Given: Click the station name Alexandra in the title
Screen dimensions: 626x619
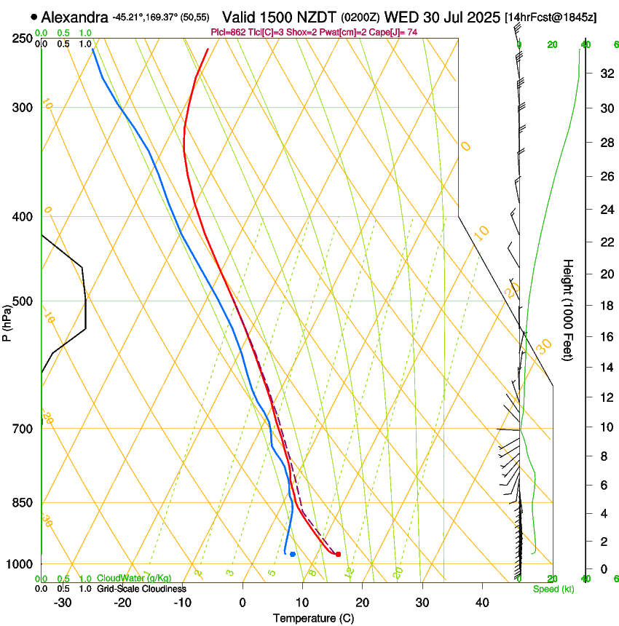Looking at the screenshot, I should click(76, 17).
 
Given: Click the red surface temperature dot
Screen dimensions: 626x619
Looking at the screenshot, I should click(338, 555).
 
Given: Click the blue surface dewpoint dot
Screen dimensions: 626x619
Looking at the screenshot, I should click(293, 555).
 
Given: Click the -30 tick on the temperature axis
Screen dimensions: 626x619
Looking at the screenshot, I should click(63, 603).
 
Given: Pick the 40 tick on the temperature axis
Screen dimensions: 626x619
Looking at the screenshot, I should click(481, 603).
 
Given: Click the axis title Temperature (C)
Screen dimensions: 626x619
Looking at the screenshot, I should click(313, 618).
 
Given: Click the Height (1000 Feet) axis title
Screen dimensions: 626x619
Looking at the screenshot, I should click(569, 309).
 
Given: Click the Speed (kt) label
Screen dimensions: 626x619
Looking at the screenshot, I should click(553, 589).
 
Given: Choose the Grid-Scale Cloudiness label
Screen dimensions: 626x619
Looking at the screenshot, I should click(141, 588).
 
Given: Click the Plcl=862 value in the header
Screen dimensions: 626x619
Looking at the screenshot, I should click(225, 33).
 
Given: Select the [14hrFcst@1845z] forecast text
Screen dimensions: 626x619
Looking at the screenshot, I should click(550, 17).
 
